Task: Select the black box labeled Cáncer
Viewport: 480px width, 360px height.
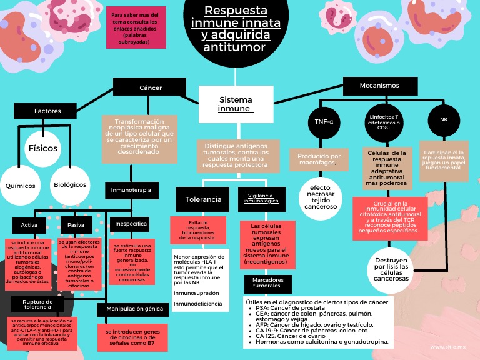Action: tap(150, 87)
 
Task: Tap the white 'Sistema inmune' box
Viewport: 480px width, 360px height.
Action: tap(236, 104)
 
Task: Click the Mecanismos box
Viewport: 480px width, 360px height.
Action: tap(379, 85)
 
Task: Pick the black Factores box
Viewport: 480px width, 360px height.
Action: tap(48, 111)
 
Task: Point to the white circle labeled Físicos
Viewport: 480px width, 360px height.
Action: tap(43, 149)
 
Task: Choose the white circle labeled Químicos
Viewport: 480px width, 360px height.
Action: tap(20, 186)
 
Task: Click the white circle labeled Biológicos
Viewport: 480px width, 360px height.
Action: tap(69, 186)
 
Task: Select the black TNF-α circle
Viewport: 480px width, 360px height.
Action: tap(324, 121)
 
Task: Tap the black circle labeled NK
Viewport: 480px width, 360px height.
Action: tap(444, 119)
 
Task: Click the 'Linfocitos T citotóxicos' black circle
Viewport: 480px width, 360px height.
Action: tap(384, 122)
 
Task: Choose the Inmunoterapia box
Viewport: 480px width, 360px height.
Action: tap(131, 189)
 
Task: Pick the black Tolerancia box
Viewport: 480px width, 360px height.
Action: tap(203, 199)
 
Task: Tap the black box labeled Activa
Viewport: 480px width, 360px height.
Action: tap(29, 225)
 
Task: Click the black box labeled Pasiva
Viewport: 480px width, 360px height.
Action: tap(76, 225)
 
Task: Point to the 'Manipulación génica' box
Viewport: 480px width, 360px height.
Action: tap(133, 309)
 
